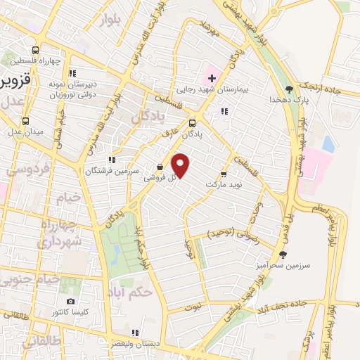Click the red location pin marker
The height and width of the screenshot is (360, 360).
pyautogui.click(x=181, y=165)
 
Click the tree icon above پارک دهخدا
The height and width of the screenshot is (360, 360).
pyautogui.click(x=289, y=89)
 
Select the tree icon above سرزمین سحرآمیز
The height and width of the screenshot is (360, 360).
pyautogui.click(x=283, y=255)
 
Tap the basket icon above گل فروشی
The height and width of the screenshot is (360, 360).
pyautogui.click(x=160, y=167)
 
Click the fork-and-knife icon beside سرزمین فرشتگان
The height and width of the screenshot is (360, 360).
pyautogui.click(x=112, y=160)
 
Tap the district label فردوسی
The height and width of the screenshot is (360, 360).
pyautogui.click(x=27, y=169)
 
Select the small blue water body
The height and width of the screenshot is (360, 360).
pyautogui.click(x=328, y=143)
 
